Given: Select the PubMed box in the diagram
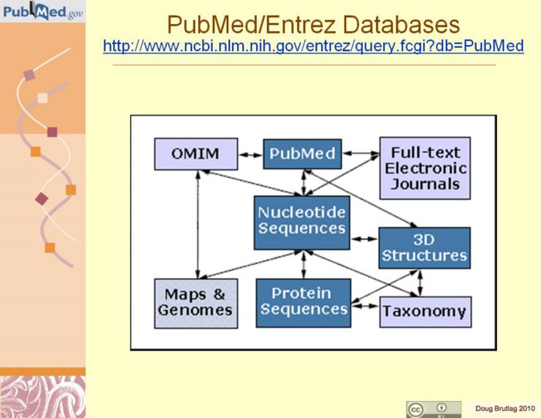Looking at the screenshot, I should [x=302, y=153].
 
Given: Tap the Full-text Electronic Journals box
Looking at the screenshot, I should [x=425, y=168].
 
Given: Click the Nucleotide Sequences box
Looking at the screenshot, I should [x=302, y=219].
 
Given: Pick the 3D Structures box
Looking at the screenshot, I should [x=425, y=247].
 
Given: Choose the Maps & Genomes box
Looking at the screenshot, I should [x=196, y=302].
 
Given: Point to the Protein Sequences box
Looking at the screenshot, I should [x=302, y=302].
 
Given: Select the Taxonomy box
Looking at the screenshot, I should [x=425, y=312].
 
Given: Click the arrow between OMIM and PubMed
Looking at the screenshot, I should [x=248, y=154].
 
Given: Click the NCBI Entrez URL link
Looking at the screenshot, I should [x=313, y=46].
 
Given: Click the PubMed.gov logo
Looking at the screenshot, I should [x=43, y=12].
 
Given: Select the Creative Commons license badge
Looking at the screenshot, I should [x=433, y=409].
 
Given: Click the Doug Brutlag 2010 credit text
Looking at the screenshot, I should [x=504, y=408].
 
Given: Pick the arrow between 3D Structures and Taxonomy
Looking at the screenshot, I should [x=420, y=283].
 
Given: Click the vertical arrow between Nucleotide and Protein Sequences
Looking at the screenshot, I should [x=303, y=263].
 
